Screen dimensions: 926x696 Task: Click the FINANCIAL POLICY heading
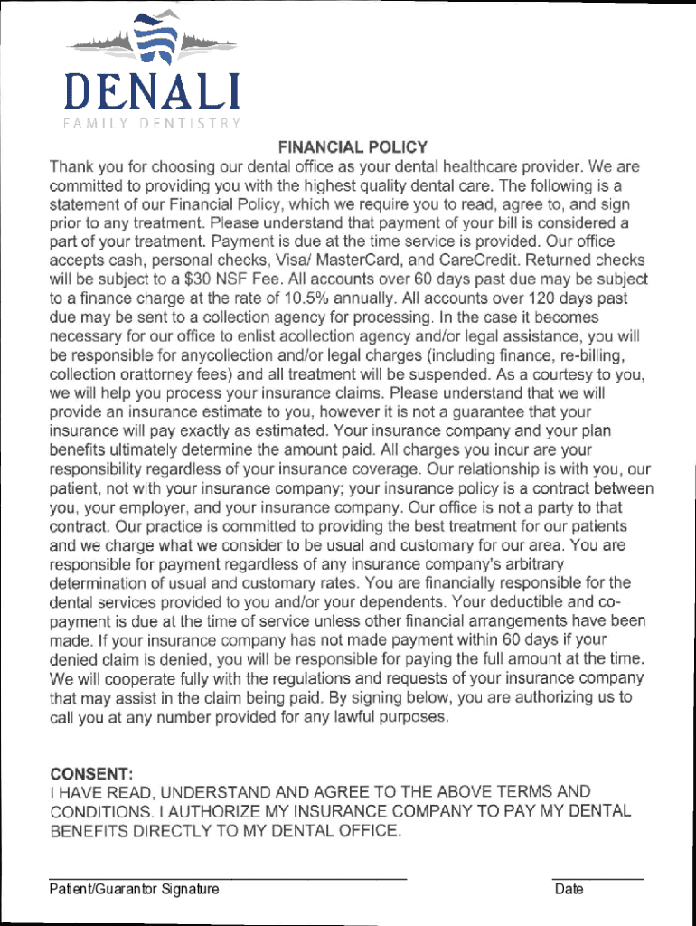click(353, 146)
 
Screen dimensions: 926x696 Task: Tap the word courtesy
click(545, 374)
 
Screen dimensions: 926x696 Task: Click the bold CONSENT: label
click(92, 774)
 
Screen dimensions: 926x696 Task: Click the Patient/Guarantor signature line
click(228, 878)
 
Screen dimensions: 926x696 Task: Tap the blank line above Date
click(597, 878)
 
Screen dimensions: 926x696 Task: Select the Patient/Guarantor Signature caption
click(134, 890)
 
